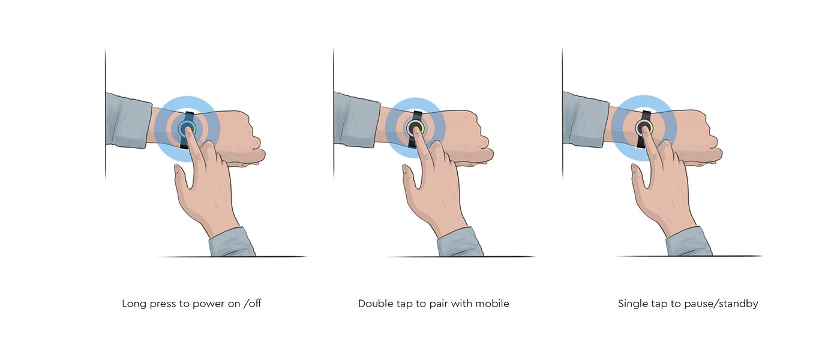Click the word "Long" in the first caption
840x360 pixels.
point(134,304)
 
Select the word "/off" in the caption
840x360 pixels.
point(253,303)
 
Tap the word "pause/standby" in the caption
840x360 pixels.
point(721,304)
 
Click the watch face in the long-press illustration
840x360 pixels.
point(187,128)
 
